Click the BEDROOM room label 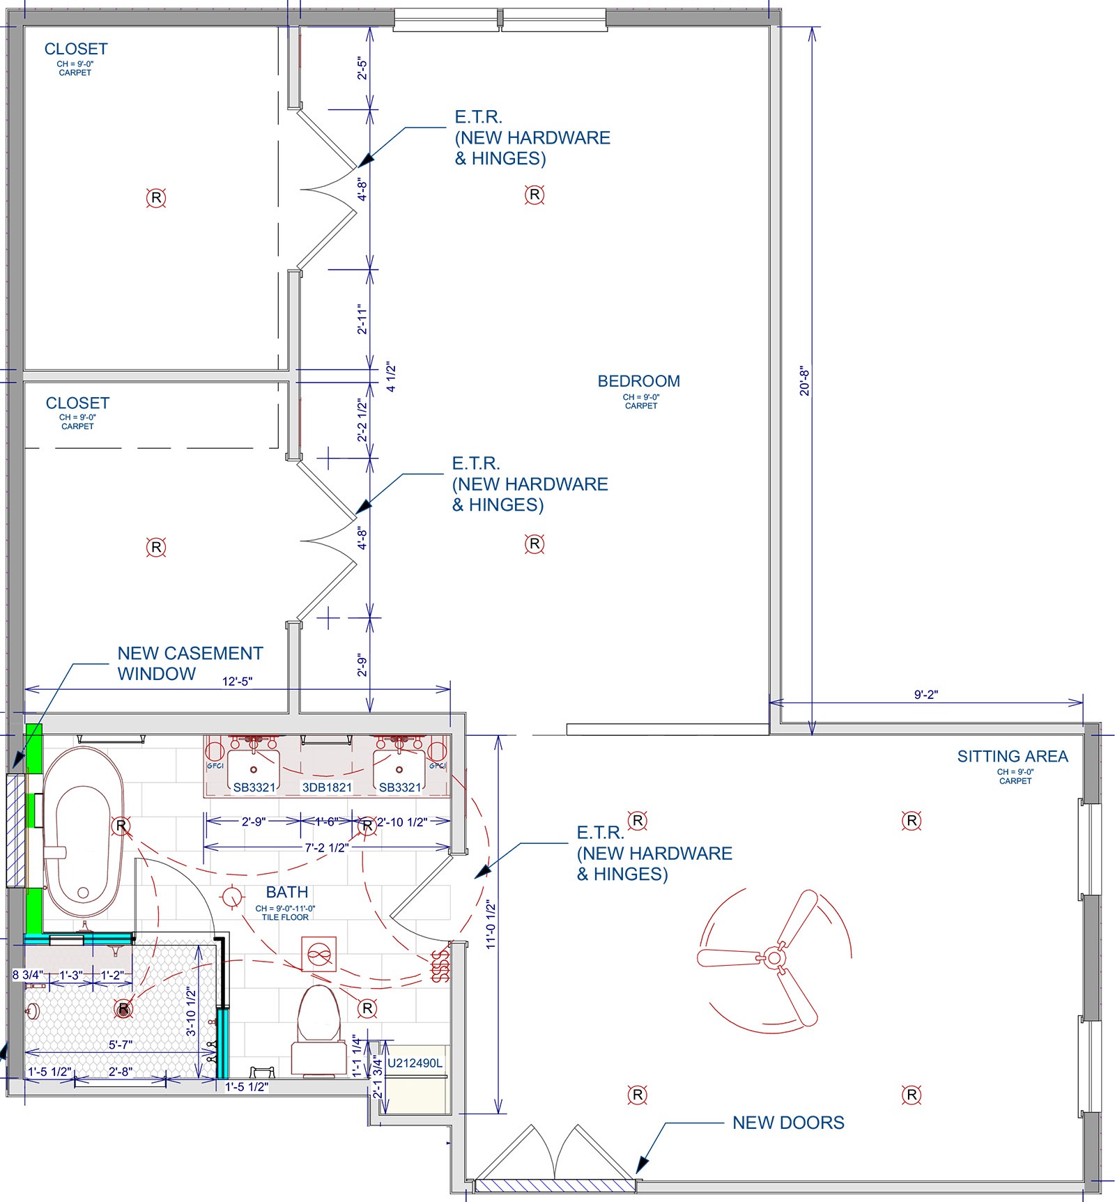[x=639, y=381]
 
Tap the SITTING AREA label [x=1013, y=756]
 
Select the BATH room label [x=287, y=892]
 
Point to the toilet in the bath [x=319, y=1031]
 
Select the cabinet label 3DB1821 [x=327, y=787]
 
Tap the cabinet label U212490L [x=415, y=1063]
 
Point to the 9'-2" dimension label [x=926, y=695]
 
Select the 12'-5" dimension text [x=237, y=681]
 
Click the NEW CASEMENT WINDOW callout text [x=190, y=663]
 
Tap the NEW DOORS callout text [x=788, y=1123]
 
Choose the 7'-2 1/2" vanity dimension [x=327, y=848]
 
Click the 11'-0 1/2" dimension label [x=491, y=925]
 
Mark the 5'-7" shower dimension [x=121, y=1045]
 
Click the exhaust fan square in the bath [x=319, y=955]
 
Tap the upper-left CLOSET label [x=76, y=49]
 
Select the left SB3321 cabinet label [x=254, y=787]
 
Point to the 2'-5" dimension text [x=362, y=68]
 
